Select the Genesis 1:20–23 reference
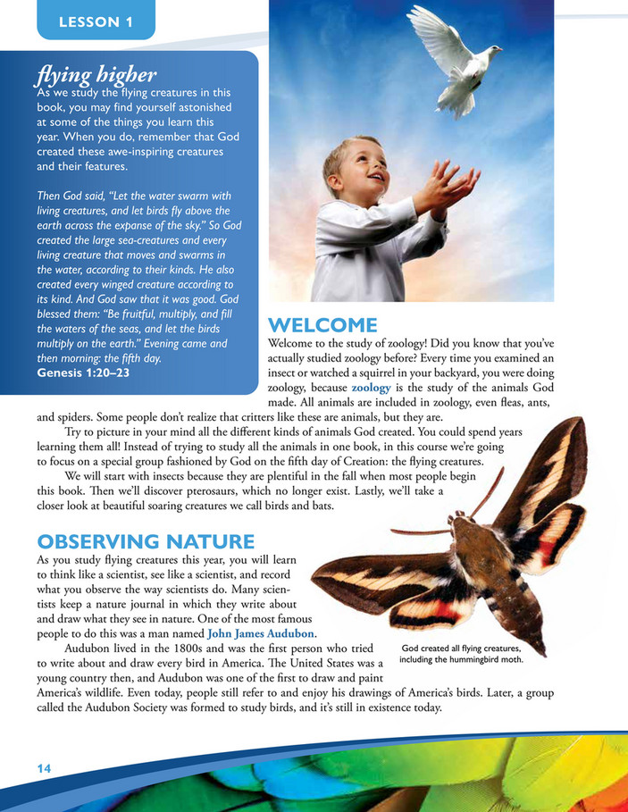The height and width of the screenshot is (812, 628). (x=83, y=372)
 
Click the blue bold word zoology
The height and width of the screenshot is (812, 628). (x=371, y=388)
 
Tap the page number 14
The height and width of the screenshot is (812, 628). (x=45, y=768)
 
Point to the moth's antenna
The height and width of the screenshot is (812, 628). (x=420, y=532)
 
